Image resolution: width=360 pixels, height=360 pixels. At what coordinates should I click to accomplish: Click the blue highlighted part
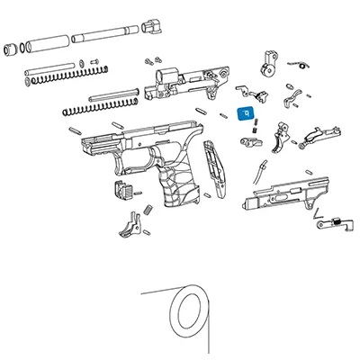click(244, 114)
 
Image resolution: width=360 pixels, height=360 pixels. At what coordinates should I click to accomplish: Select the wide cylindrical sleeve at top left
click(44, 43)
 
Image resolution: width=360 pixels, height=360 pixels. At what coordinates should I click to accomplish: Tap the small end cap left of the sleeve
click(10, 47)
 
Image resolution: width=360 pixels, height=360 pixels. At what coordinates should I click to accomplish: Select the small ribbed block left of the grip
click(121, 189)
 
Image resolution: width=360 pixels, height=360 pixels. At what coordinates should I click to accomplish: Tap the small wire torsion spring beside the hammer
click(302, 63)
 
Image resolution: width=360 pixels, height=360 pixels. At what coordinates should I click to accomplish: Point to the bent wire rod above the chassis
click(262, 170)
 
